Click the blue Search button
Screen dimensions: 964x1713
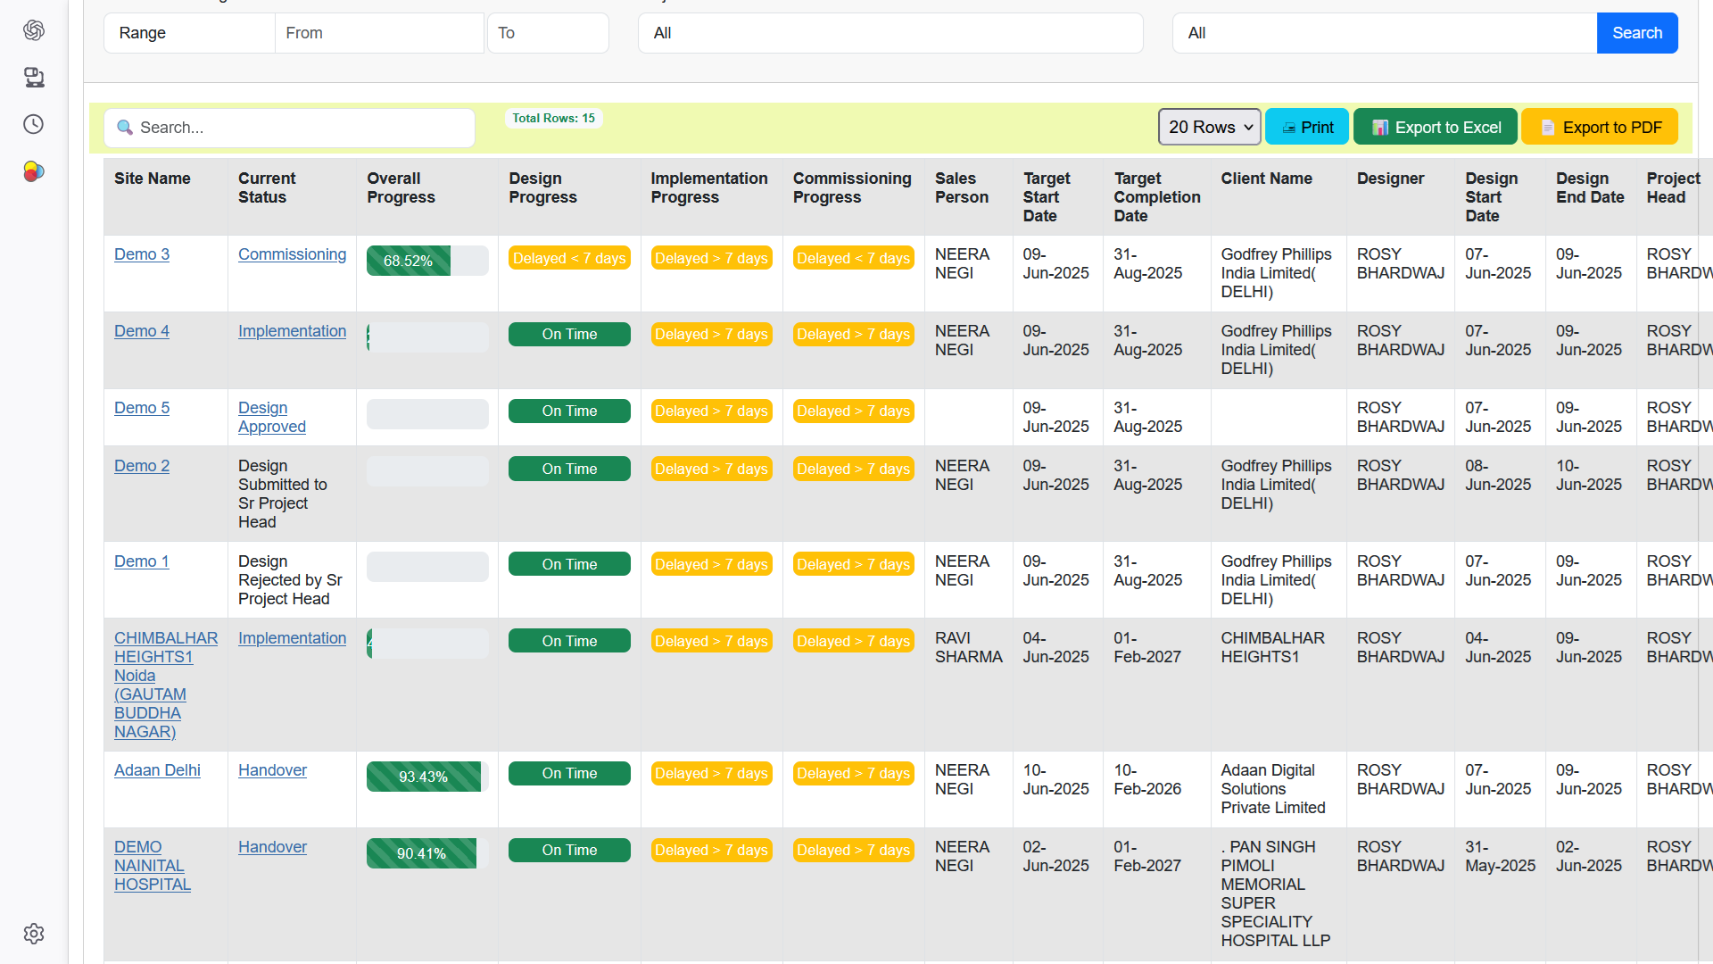pos(1636,33)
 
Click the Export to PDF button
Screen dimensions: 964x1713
pos(1600,127)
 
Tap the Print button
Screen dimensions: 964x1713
pos(1307,127)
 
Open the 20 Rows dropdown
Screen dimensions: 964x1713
pos(1209,127)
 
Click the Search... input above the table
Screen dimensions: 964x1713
pos(289,128)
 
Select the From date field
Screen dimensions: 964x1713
pos(379,33)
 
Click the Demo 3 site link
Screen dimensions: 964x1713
pos(142,254)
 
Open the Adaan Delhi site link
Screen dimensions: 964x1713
pos(157,770)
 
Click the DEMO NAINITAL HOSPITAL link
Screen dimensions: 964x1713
pos(152,865)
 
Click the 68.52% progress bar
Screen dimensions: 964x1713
pos(426,261)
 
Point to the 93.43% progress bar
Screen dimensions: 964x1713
pos(426,777)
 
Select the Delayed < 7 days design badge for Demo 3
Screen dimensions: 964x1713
pos(569,258)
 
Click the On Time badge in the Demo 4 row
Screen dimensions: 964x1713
pos(569,334)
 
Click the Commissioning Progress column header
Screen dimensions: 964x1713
pos(852,187)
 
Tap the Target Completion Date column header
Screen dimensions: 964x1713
pos(1156,196)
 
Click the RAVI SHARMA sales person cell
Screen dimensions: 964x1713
pos(968,647)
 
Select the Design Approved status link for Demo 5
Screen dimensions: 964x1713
pos(271,417)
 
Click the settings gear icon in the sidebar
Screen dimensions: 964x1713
pos(34,934)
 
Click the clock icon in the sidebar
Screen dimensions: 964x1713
pos(34,124)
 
